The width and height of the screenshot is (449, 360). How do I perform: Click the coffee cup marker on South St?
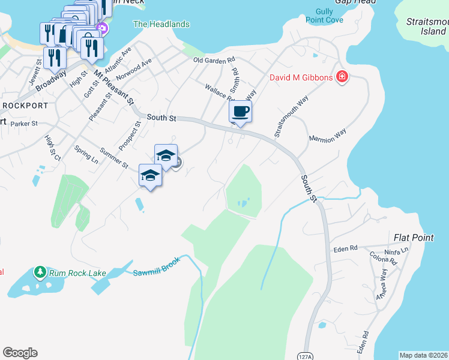[240, 112]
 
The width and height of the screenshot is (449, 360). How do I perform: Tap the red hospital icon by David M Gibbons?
[342, 77]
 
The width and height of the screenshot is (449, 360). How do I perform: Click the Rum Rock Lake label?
[77, 274]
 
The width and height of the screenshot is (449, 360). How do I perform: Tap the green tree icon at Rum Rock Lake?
[40, 272]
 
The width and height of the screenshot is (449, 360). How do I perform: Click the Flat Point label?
[414, 238]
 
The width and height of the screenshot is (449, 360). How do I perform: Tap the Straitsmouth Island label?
[426, 26]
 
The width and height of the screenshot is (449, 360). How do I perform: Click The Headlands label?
[161, 25]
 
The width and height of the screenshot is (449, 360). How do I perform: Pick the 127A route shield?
[306, 356]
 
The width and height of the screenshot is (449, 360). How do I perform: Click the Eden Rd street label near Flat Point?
[345, 248]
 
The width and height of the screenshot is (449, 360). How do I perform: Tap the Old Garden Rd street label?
[214, 61]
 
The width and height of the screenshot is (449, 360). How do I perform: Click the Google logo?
[20, 353]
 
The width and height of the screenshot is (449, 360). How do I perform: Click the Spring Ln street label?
[86, 155]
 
